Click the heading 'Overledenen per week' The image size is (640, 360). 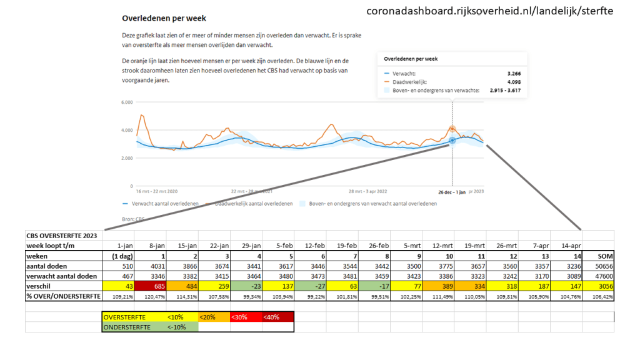pos(164,19)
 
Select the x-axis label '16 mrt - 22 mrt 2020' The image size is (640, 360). pos(146,191)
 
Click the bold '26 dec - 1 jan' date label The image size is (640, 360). pos(451,191)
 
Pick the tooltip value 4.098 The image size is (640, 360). pos(514,81)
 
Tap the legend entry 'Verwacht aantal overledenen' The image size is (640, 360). pos(164,204)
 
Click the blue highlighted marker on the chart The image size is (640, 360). pos(452,141)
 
